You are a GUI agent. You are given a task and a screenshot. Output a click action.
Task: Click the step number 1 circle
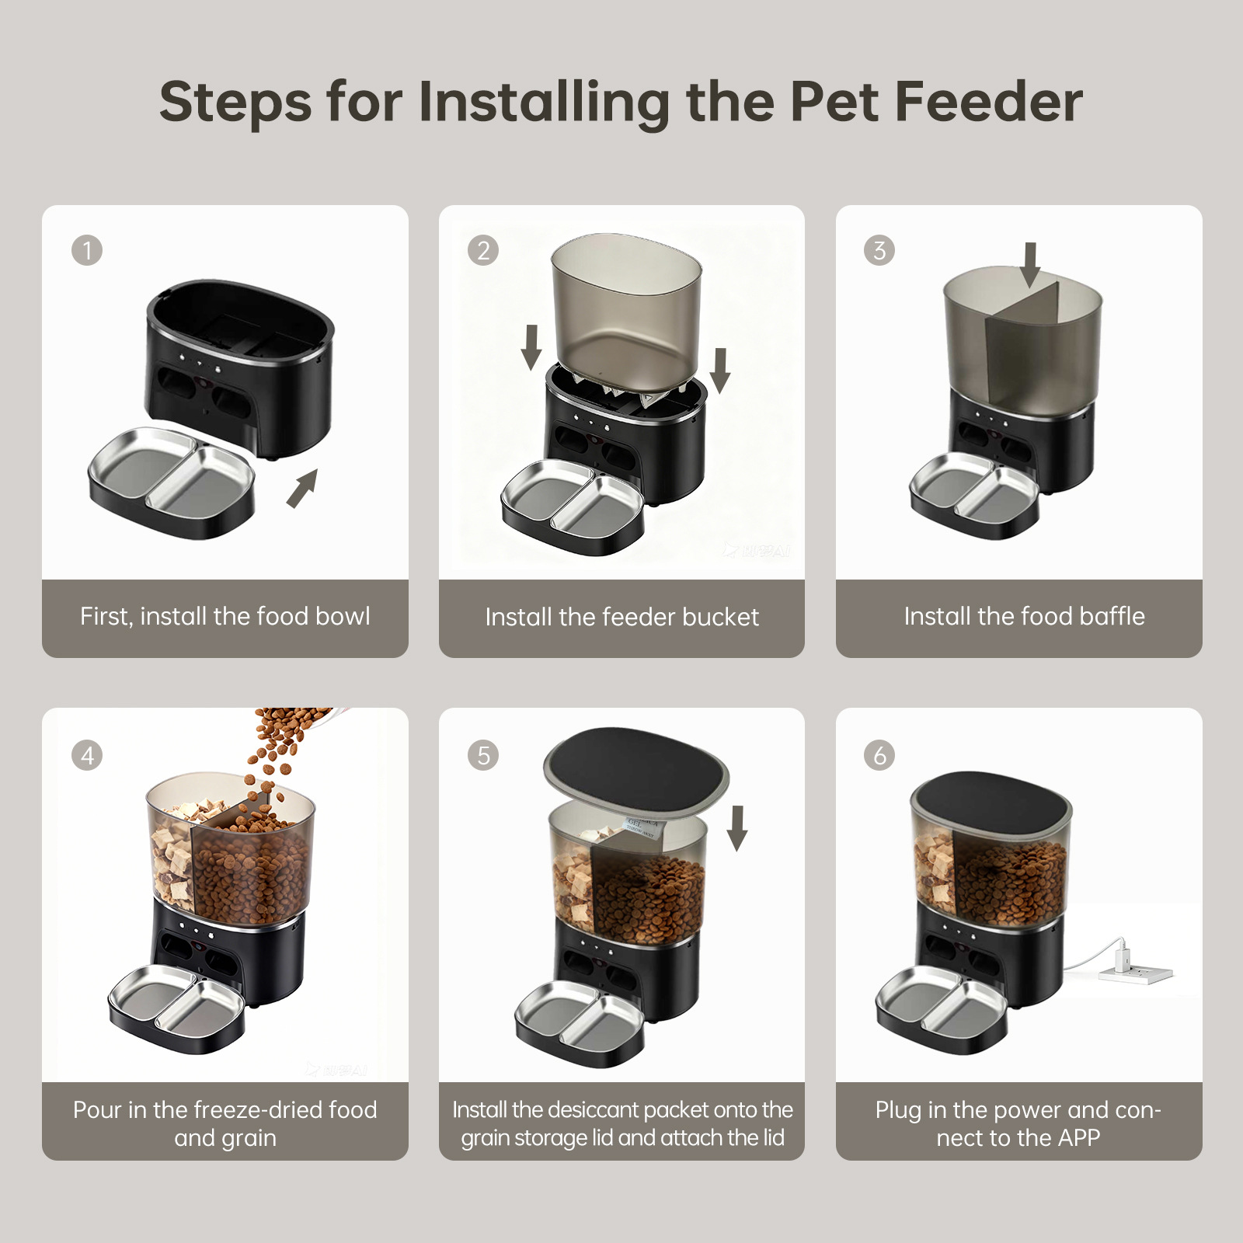point(87,250)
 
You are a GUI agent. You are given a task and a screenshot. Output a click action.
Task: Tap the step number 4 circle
point(87,755)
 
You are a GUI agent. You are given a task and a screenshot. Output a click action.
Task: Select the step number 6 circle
point(879,755)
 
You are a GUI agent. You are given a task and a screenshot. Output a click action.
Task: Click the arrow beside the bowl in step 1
point(302,488)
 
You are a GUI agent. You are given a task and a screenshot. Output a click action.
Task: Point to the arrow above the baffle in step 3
point(1030,265)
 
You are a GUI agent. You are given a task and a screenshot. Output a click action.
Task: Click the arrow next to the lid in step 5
point(737,828)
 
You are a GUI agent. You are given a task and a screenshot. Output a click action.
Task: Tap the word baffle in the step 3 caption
point(1112,616)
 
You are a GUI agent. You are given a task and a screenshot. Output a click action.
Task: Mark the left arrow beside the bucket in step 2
point(531,347)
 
